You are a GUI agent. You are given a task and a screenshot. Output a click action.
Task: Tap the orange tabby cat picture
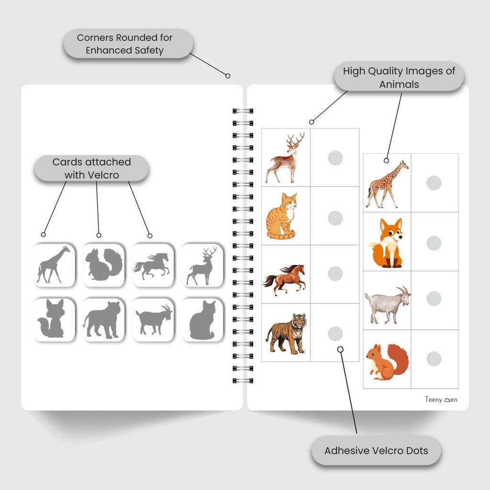(x=282, y=216)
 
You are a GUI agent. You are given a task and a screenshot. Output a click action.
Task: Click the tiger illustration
(x=286, y=334)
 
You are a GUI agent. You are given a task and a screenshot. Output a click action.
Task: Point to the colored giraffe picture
(x=387, y=184)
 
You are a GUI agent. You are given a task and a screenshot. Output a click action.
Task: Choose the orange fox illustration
(x=387, y=243)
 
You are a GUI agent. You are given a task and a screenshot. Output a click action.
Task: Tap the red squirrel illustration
(x=387, y=362)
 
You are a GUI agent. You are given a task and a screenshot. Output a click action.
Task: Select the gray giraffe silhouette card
(x=54, y=265)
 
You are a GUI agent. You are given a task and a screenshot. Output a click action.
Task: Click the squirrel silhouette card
(x=104, y=265)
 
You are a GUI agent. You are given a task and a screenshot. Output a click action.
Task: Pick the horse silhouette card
(x=153, y=265)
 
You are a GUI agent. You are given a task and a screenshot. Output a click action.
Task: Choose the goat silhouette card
(x=153, y=320)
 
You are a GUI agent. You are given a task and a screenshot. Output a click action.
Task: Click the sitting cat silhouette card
(x=202, y=320)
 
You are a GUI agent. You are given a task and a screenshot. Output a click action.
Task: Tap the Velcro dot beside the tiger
(x=335, y=334)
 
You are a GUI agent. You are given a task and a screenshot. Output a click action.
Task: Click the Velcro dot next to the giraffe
(x=434, y=183)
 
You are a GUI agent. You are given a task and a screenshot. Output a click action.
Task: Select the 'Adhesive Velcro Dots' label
(x=376, y=451)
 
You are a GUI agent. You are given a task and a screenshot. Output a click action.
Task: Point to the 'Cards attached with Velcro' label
(x=91, y=168)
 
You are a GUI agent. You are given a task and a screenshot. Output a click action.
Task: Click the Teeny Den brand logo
(x=441, y=400)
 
